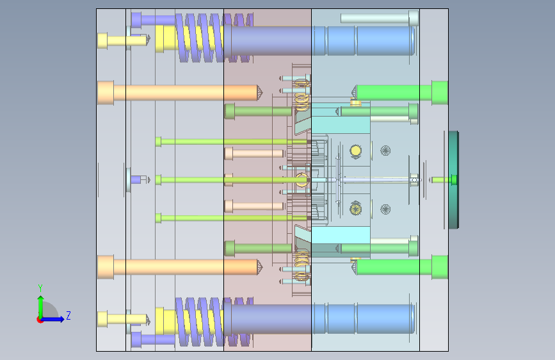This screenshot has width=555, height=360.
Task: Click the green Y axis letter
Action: [x=40, y=288]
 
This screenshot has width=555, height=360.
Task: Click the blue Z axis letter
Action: [x=68, y=315]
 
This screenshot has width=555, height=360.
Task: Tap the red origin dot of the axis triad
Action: [x=40, y=320]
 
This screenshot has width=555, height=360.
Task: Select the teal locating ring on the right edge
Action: [x=453, y=179]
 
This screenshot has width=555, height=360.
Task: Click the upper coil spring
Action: [x=214, y=38]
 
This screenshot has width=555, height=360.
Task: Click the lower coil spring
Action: [x=214, y=322]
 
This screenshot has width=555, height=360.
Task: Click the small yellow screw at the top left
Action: [x=122, y=40]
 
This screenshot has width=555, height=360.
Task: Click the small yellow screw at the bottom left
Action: [x=122, y=319]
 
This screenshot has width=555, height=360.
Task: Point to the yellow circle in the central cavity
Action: [x=355, y=151]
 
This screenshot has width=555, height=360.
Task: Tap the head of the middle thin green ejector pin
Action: [x=158, y=179]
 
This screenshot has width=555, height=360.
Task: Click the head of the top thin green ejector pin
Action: [x=158, y=142]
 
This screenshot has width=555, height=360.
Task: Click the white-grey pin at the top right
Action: [x=380, y=18]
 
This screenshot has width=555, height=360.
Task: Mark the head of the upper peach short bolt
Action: [x=229, y=154]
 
